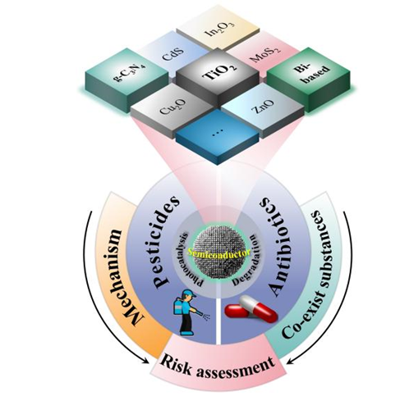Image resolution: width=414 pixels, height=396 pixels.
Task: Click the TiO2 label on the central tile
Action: pyautogui.click(x=219, y=71)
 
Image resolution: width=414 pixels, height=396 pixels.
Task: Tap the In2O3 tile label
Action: pyautogui.click(x=219, y=30)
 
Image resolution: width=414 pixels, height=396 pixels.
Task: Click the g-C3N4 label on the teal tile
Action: pyautogui.click(x=130, y=75)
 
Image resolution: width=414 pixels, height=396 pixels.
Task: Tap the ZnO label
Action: pyautogui.click(x=262, y=107)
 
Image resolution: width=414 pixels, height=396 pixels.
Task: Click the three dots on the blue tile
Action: pyautogui.click(x=219, y=131)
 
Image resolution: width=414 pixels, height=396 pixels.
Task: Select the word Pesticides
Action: pyautogui.click(x=166, y=243)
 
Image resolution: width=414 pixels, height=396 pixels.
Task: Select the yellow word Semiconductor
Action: pyautogui.click(x=219, y=253)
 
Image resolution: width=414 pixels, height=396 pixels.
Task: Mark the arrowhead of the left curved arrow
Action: pyautogui.click(x=146, y=361)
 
